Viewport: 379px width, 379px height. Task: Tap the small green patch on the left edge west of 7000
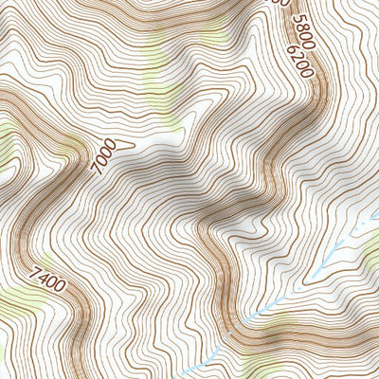5,142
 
